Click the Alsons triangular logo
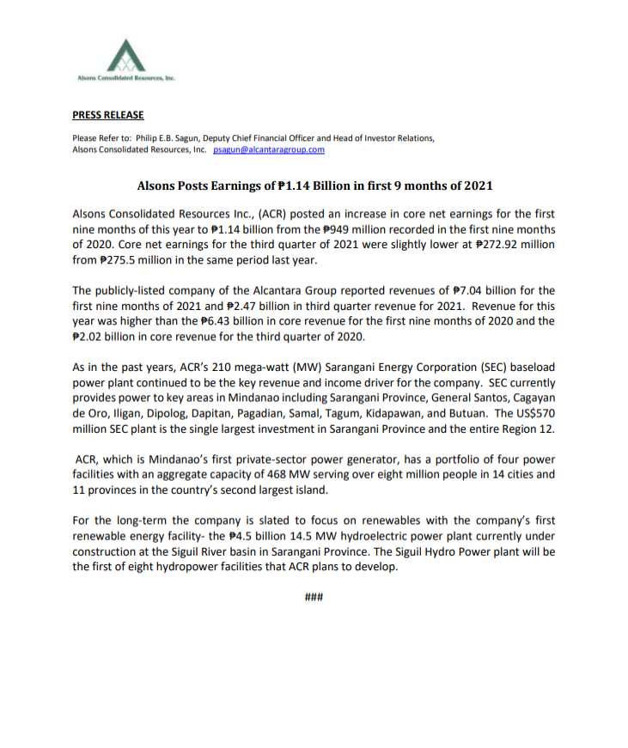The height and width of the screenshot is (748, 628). pos(126,57)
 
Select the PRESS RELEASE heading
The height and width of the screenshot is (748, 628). pos(107,115)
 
